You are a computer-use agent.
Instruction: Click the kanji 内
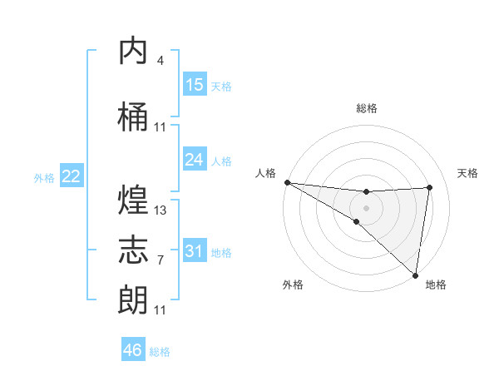134,52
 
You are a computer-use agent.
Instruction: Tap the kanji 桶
134,118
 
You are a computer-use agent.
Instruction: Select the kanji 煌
134,200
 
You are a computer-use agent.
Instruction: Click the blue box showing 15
194,85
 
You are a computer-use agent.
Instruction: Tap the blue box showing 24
194,160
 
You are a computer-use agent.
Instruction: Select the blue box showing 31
194,251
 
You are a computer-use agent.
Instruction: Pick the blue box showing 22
71,176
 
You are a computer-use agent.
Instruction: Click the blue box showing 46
133,350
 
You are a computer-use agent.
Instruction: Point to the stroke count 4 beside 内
161,61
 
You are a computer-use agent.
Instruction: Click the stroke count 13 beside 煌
161,210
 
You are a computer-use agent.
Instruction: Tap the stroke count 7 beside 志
161,260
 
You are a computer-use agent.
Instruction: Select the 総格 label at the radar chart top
366,108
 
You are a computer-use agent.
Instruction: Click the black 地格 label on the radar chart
436,285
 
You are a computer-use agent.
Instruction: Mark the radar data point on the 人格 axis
287,182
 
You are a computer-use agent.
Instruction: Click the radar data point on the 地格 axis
415,275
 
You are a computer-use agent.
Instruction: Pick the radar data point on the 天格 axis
430,187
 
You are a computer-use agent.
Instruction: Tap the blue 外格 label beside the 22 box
43,177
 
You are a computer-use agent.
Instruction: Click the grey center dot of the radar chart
366,206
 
